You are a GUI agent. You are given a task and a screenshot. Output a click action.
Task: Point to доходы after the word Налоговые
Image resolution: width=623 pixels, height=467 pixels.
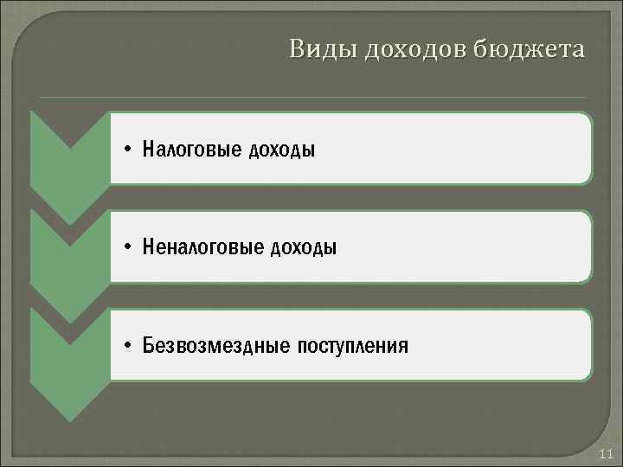pos(283,150)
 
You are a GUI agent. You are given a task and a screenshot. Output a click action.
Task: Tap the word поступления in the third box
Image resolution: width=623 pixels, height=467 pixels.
pos(353,347)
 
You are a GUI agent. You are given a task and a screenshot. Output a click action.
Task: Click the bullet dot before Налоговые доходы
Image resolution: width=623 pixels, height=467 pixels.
pos(127,150)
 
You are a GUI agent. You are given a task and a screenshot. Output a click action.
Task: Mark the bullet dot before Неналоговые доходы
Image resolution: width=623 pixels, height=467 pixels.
pos(127,248)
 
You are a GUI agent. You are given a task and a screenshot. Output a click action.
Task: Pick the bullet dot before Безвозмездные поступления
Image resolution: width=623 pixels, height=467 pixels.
pos(127,347)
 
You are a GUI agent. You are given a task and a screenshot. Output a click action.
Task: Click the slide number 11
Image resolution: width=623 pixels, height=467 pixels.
pos(606,454)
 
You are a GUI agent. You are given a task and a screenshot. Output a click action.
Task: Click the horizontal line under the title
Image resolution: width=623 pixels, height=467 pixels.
pos(311,97)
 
